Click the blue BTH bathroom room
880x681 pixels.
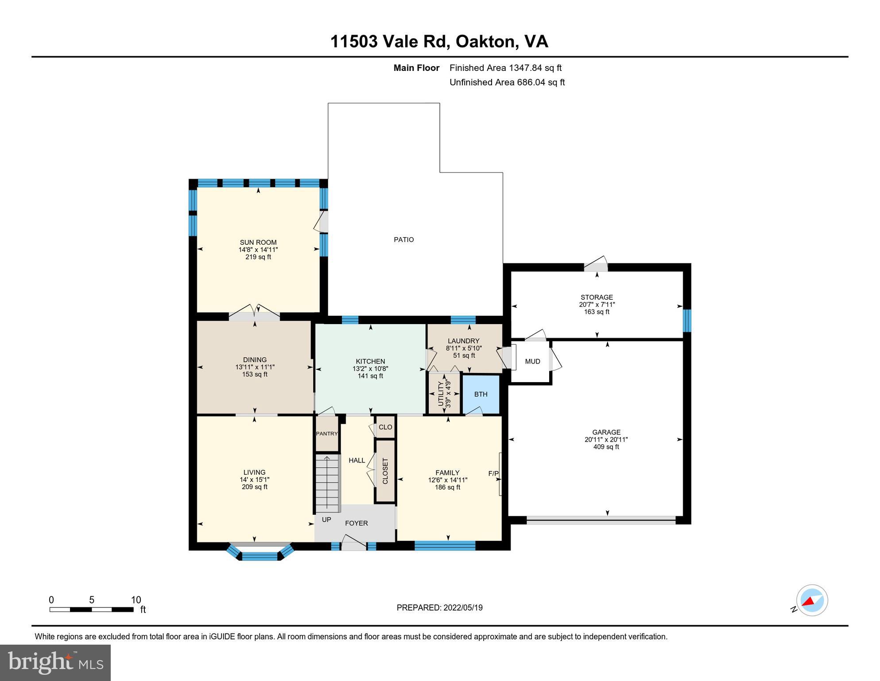[x=481, y=394]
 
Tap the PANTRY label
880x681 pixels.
[x=327, y=434]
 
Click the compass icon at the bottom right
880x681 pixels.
[x=812, y=600]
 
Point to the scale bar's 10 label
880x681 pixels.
[x=136, y=600]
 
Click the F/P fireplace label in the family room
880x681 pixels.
[x=493, y=474]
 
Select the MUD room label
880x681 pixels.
[x=532, y=361]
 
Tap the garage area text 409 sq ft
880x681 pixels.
[x=606, y=447]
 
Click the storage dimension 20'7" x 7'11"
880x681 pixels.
[x=597, y=305]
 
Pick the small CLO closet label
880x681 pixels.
[x=385, y=427]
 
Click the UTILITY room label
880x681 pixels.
[x=441, y=394]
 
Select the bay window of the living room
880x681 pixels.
[x=260, y=553]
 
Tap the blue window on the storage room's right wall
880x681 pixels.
[x=686, y=321]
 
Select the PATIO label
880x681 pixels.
[x=403, y=239]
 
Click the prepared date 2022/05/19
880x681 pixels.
[x=462, y=607]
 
